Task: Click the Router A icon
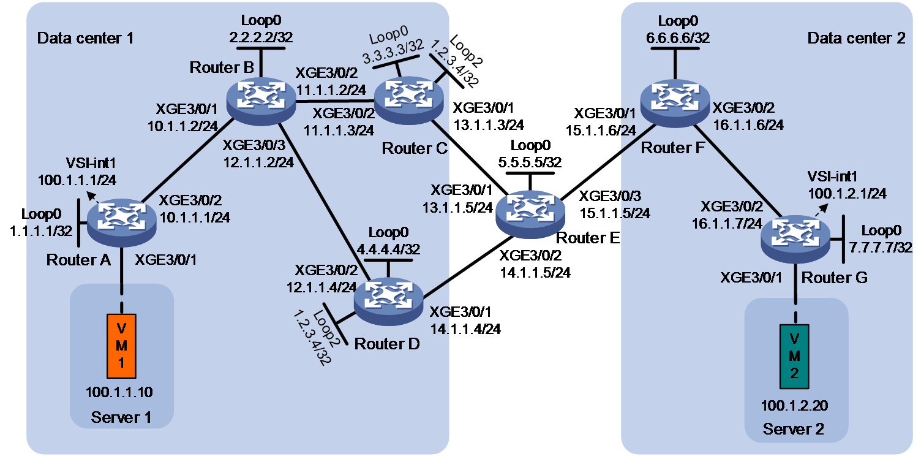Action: coord(122,222)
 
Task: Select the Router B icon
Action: coord(261,101)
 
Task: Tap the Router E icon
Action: coord(530,214)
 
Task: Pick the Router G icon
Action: coord(795,238)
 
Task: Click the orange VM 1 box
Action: coord(121,346)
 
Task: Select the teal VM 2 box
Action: coord(794,357)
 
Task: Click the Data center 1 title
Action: coord(85,38)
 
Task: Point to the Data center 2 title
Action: coord(857,38)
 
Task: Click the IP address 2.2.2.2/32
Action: coord(261,37)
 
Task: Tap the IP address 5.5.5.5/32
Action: coord(530,162)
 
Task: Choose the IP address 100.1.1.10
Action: coord(119,392)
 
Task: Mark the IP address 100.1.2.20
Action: coord(794,406)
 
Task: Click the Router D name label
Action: coord(387,344)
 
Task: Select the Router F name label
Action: coord(673,148)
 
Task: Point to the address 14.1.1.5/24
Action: coord(535,273)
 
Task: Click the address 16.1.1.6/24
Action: coord(748,124)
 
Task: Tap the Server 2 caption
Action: coord(794,429)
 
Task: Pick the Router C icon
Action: coord(408,101)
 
